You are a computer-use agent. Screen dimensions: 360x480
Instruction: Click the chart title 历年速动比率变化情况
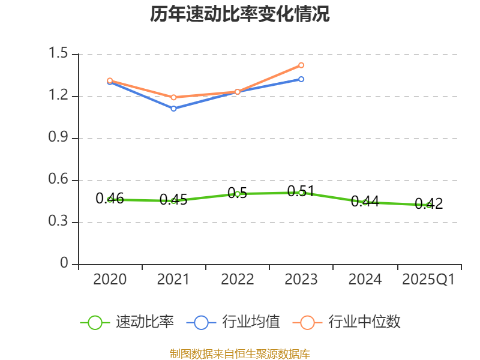coord(240,14)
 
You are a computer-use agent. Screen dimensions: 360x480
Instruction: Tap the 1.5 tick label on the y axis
coord(61,54)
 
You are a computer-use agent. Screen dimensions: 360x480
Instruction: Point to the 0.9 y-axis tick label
coord(61,138)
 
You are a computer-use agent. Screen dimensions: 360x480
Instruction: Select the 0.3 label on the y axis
coord(61,222)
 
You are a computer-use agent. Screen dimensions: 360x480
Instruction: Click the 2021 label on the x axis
coord(173,280)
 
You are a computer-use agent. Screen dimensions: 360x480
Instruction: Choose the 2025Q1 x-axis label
coord(428,280)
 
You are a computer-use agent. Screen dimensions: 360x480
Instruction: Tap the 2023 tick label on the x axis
coord(301,280)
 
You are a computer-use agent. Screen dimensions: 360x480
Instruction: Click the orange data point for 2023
coord(301,65)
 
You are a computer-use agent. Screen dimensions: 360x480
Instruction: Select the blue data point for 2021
coord(173,109)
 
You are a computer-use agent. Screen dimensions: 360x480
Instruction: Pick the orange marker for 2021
coord(173,97)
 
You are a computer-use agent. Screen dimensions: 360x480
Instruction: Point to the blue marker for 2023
coord(301,79)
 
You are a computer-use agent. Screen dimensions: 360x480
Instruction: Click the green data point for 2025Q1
coord(428,205)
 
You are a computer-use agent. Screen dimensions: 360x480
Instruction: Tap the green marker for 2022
coord(238,194)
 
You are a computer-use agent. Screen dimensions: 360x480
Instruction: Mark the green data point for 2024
coord(365,202)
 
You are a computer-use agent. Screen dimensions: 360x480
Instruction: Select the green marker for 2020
coord(110,199)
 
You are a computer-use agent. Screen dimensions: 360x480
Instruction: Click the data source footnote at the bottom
coord(240,353)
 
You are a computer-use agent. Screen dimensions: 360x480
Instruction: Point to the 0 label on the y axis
coord(65,264)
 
